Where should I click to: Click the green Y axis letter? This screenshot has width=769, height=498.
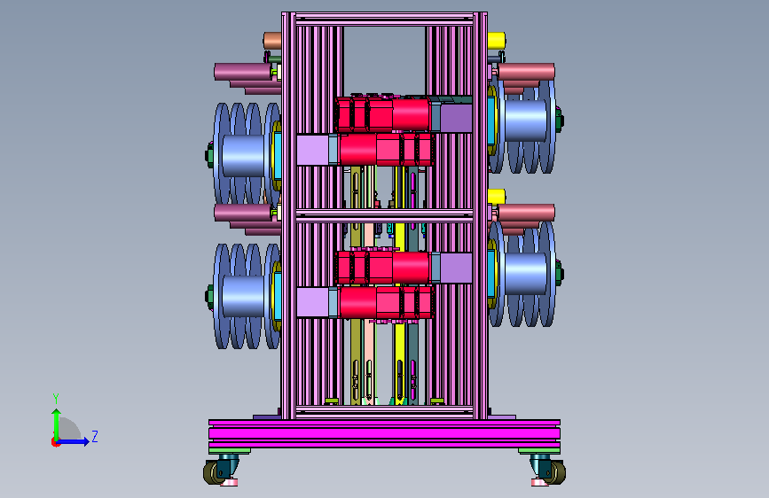[x=56, y=399]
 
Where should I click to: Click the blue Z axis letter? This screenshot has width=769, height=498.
[x=95, y=436]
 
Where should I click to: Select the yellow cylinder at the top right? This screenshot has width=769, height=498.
[x=497, y=41]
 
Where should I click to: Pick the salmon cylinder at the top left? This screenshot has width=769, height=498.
[x=272, y=41]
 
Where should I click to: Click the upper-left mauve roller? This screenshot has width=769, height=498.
[x=242, y=72]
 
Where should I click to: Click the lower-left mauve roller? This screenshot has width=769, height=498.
[x=242, y=213]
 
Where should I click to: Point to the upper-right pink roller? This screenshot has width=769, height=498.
[x=526, y=72]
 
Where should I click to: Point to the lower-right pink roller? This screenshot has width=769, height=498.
[x=526, y=213]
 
